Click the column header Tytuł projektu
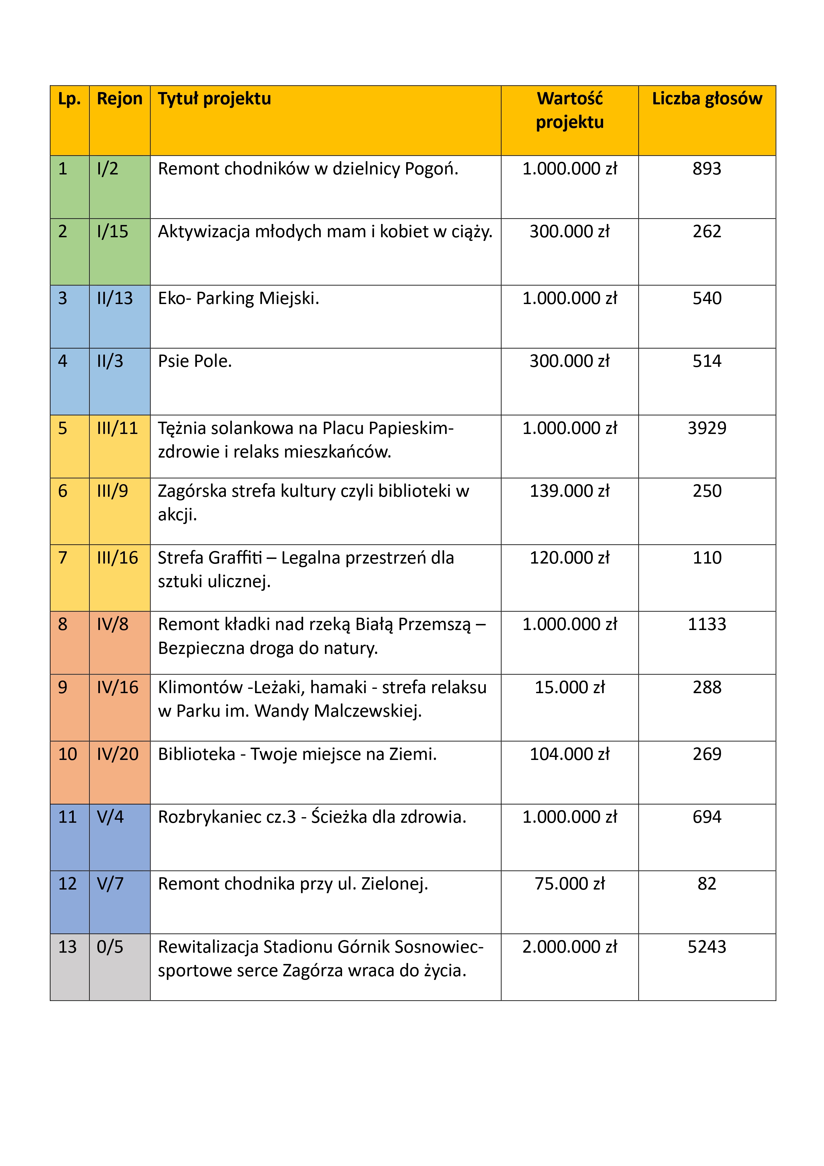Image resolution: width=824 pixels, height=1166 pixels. coord(214,98)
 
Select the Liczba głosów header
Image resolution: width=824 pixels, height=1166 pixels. coord(707,98)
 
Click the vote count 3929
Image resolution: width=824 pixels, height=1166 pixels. coord(707,428)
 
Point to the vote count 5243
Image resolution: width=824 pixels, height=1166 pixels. coord(707,947)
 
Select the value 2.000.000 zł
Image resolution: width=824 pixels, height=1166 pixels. coord(570,947)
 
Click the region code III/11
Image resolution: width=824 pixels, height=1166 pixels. coord(117,428)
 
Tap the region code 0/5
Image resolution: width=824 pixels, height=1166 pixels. coord(110,947)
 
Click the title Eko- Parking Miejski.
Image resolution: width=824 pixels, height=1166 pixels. coord(238,298)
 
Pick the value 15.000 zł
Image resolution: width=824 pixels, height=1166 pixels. coord(570,687)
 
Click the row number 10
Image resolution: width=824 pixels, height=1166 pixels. coord(67,754)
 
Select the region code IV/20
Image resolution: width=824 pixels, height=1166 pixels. coord(117,754)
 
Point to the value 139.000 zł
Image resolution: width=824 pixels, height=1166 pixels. coord(570,491)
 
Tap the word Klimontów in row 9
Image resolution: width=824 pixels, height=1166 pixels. coord(200,687)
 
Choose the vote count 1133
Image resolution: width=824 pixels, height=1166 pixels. coord(707,624)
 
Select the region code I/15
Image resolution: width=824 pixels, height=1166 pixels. coord(113,232)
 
